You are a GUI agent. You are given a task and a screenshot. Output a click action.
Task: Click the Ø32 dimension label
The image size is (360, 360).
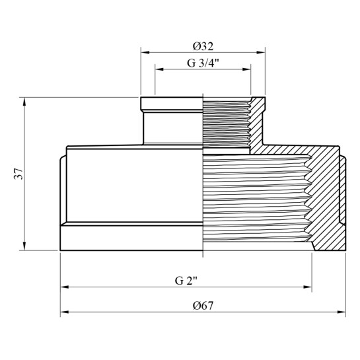203,46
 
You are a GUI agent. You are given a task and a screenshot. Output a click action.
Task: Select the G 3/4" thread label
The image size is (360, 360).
203,63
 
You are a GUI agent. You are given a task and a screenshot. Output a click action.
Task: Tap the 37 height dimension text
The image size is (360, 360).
18,174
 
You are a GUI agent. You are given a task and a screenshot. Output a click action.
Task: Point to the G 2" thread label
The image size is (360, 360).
186,281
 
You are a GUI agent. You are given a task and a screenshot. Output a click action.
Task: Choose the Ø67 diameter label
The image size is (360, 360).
203,306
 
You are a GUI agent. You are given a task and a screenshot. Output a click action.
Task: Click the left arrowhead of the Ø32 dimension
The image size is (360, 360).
145,52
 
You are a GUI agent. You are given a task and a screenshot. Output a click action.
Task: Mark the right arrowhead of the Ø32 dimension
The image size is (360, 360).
261,52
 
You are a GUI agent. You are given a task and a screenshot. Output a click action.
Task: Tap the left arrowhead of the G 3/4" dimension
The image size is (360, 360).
159,69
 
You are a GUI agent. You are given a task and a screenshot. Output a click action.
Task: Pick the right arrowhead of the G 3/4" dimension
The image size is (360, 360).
246,69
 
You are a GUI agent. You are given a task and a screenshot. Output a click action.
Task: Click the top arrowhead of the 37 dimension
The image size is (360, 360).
24,102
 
